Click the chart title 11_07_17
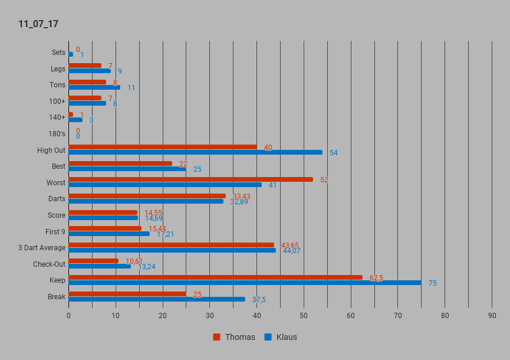38,24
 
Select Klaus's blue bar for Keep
245,283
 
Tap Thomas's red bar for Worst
190,179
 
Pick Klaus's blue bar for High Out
195,152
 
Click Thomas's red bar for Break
127,293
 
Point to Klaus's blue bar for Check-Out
100,266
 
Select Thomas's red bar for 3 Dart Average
171,245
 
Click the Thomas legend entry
234,337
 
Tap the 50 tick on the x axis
304,316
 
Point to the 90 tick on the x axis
492,316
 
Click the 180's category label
57,134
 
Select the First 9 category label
55,231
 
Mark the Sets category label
58,53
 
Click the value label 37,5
259,300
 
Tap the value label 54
334,153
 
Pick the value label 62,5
376,278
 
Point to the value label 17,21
165,234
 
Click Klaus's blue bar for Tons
94,87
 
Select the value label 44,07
291,251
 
